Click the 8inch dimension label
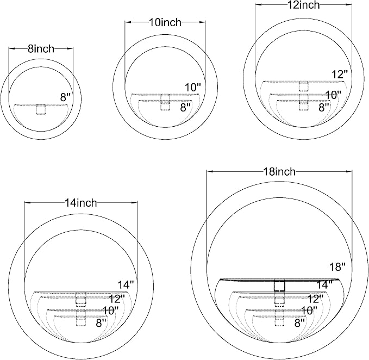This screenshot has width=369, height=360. click(41, 49)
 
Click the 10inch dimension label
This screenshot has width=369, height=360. click(165, 22)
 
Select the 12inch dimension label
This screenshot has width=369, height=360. click(304, 5)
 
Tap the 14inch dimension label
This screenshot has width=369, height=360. click(81, 203)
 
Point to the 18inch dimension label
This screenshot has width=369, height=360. click(279, 172)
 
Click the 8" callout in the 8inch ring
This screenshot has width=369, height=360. click(65, 97)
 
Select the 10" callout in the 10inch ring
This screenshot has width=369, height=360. click(193, 88)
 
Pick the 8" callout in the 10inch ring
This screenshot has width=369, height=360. click(185, 107)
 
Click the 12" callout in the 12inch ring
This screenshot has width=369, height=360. click(340, 75)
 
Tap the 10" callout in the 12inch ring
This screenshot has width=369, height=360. click(333, 95)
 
